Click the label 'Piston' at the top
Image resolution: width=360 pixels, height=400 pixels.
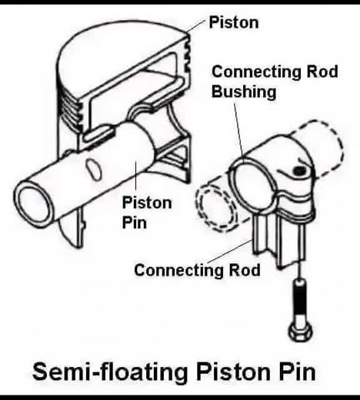click(234, 22)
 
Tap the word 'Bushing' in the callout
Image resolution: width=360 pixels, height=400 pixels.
click(244, 92)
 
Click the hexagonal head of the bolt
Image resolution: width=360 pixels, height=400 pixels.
click(300, 332)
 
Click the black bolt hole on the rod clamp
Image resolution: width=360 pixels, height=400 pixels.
click(298, 171)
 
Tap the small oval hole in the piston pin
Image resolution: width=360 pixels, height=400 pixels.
click(93, 168)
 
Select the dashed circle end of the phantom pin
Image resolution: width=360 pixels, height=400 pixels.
click(216, 208)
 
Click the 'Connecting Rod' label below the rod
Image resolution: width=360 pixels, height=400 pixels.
click(197, 270)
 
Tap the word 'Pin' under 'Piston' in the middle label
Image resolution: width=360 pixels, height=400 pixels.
click(134, 222)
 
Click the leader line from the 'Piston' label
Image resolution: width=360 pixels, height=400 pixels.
click(196, 25)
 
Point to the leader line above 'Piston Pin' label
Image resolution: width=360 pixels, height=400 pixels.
click(135, 177)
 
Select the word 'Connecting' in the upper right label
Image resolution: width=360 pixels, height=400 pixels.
click(257, 72)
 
